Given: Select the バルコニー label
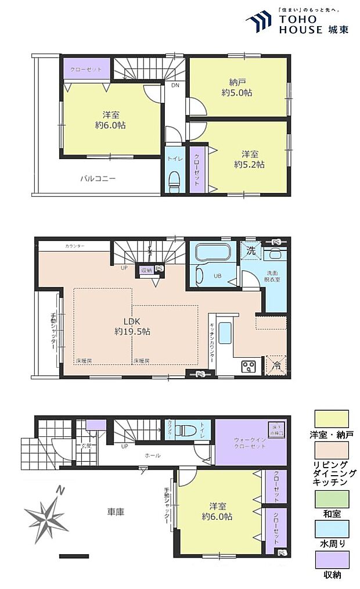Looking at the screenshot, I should pos(98,179).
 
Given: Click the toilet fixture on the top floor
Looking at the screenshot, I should pos(174,180).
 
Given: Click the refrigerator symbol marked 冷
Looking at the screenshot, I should pos(276,365).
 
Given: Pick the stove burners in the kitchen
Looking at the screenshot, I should pos(249,366).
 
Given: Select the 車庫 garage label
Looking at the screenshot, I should pos(115,512).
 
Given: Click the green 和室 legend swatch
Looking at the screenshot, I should pos(332,499).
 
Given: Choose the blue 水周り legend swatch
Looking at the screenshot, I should pos(332,529).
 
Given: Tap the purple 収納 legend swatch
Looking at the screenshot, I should pos(332,559).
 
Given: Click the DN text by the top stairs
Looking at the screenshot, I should pos(175,85).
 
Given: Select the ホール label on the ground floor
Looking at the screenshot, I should pos(153,455).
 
